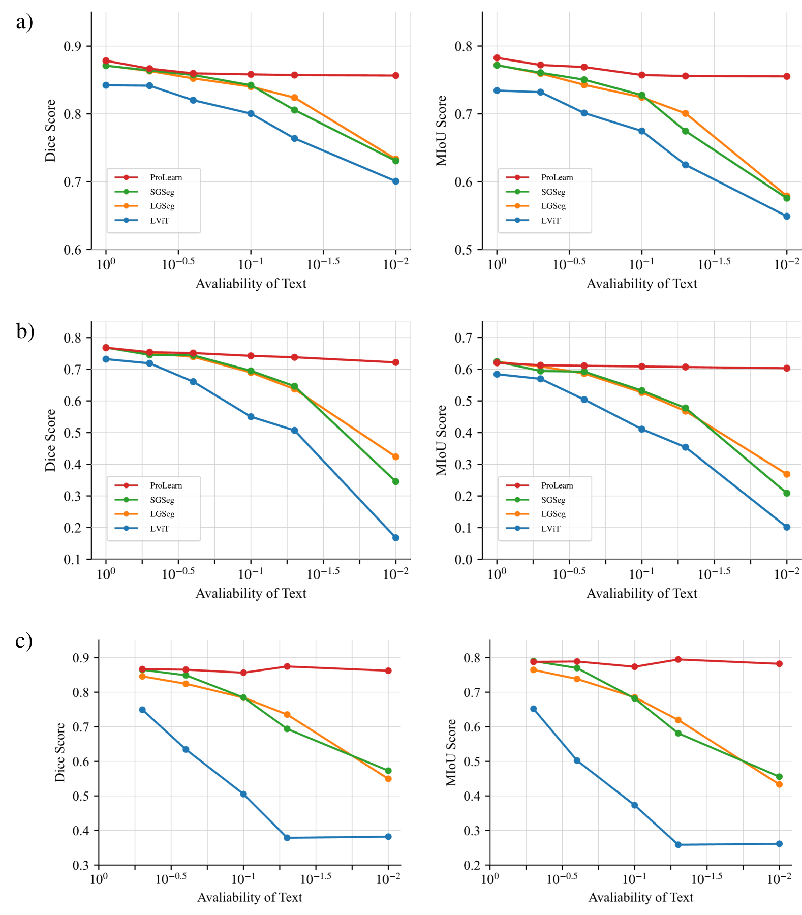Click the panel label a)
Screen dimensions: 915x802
(24, 22)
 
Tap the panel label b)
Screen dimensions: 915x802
(25, 331)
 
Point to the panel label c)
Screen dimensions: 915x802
(23, 641)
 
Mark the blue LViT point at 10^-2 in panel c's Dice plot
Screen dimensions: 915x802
(388, 837)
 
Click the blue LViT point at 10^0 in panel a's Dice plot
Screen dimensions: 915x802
(106, 85)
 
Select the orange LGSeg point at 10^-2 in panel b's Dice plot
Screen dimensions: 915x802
(396, 456)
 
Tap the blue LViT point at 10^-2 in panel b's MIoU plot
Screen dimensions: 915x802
(787, 527)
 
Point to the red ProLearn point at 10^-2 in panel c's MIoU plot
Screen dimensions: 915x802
(779, 664)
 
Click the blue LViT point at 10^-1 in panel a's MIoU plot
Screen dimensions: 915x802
(642, 131)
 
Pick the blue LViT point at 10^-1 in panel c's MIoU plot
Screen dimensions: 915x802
(634, 805)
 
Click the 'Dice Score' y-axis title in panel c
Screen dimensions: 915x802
(60, 752)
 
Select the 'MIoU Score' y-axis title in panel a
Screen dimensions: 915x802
(441, 131)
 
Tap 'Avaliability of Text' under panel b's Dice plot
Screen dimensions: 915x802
(251, 593)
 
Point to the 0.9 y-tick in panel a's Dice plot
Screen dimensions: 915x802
(72, 47)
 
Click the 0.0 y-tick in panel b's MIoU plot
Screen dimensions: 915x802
(463, 560)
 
